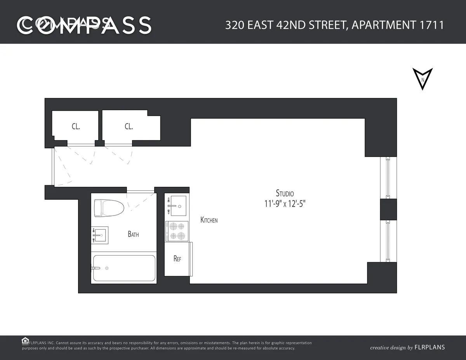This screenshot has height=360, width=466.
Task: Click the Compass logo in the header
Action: [x=84, y=25]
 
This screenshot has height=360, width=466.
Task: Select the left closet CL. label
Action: [x=76, y=126]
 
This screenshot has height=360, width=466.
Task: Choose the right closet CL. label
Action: [x=129, y=126]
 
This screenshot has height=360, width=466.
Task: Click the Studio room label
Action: [x=285, y=193]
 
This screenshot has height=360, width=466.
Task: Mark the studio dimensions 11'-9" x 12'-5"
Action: [x=285, y=204]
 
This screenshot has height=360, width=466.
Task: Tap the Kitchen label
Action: [x=209, y=220]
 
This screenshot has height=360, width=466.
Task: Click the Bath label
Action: [x=133, y=234]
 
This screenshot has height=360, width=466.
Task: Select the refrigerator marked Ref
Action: [x=177, y=259]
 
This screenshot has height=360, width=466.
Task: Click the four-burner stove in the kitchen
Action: [x=177, y=231]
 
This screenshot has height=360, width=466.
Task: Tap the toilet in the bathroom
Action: [x=109, y=208]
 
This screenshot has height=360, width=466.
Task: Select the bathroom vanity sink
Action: [x=100, y=235]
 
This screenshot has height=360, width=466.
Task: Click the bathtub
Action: [x=124, y=268]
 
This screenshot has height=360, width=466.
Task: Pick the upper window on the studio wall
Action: [x=387, y=178]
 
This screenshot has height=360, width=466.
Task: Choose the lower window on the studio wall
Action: [x=387, y=241]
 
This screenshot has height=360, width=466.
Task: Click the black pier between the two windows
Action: [x=388, y=209]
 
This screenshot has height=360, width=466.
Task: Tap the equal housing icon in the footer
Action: [x=25, y=341]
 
